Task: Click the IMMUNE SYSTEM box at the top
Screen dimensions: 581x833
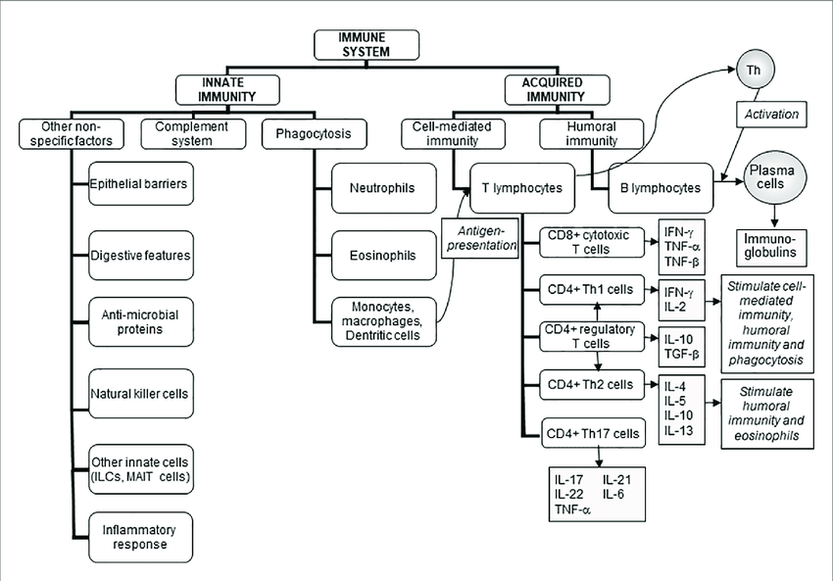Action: click(366, 44)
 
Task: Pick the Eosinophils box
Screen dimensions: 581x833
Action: click(376, 255)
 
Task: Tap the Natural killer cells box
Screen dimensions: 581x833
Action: click(139, 394)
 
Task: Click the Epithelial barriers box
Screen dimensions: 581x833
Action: click(138, 183)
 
